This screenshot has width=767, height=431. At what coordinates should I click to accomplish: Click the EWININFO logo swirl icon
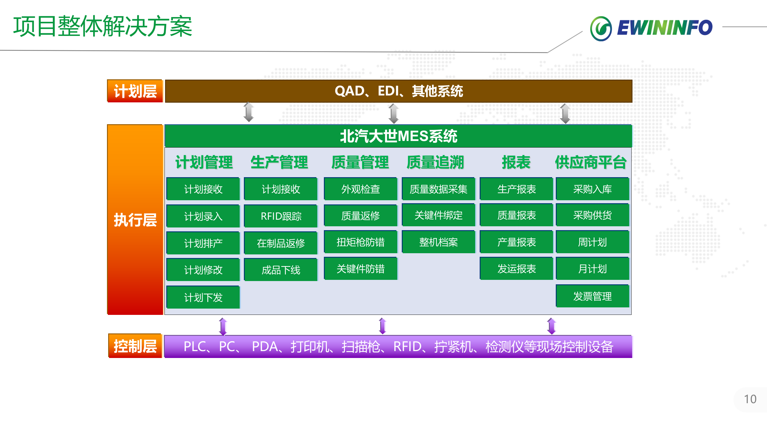pos(600,28)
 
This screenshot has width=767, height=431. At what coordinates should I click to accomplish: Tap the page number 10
pos(750,399)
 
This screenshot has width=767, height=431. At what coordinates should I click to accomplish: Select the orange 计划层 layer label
pos(135,91)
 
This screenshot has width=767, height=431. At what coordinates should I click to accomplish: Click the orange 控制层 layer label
pos(135,346)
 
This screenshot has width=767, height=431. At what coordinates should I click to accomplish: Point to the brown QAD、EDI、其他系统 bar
pos(398,91)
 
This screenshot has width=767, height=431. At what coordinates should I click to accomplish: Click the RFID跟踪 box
pos(281,216)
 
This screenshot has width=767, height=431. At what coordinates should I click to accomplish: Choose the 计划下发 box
pos(203,297)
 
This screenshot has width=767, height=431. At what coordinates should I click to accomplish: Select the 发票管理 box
pos(592,296)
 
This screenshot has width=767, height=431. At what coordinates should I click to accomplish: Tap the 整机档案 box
pos(438,242)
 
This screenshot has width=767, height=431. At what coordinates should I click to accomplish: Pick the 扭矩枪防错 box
pos(360,242)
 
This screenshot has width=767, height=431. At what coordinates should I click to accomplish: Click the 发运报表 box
pos(516,269)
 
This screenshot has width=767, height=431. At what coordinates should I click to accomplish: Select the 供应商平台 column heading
pos(591,163)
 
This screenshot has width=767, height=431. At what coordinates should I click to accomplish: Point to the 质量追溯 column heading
pos(435,163)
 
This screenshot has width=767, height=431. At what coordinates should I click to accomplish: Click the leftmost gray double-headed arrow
pos(249,112)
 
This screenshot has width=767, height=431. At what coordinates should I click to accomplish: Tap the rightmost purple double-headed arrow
pos(551,326)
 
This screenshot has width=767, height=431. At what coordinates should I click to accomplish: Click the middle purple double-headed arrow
pos(382,326)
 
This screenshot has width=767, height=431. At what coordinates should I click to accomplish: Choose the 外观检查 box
pos(360,189)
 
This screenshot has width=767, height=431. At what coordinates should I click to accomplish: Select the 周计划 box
pos(592,242)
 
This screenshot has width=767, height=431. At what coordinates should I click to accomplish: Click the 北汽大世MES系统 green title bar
pos(398,136)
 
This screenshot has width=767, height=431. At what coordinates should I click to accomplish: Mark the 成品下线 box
pos(281,270)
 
